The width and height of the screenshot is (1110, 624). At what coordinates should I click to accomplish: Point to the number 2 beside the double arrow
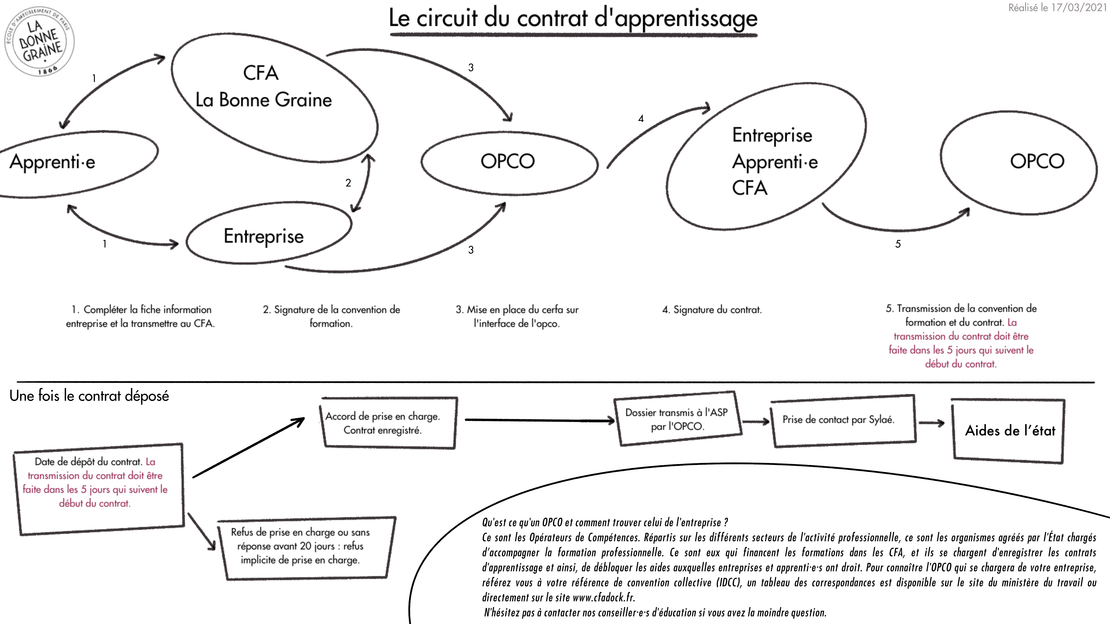pyautogui.click(x=348, y=183)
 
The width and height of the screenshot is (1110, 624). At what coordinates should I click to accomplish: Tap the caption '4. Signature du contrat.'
pyautogui.click(x=712, y=310)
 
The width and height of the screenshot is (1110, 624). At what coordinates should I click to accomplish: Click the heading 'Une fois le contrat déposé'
pyautogui.click(x=89, y=396)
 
